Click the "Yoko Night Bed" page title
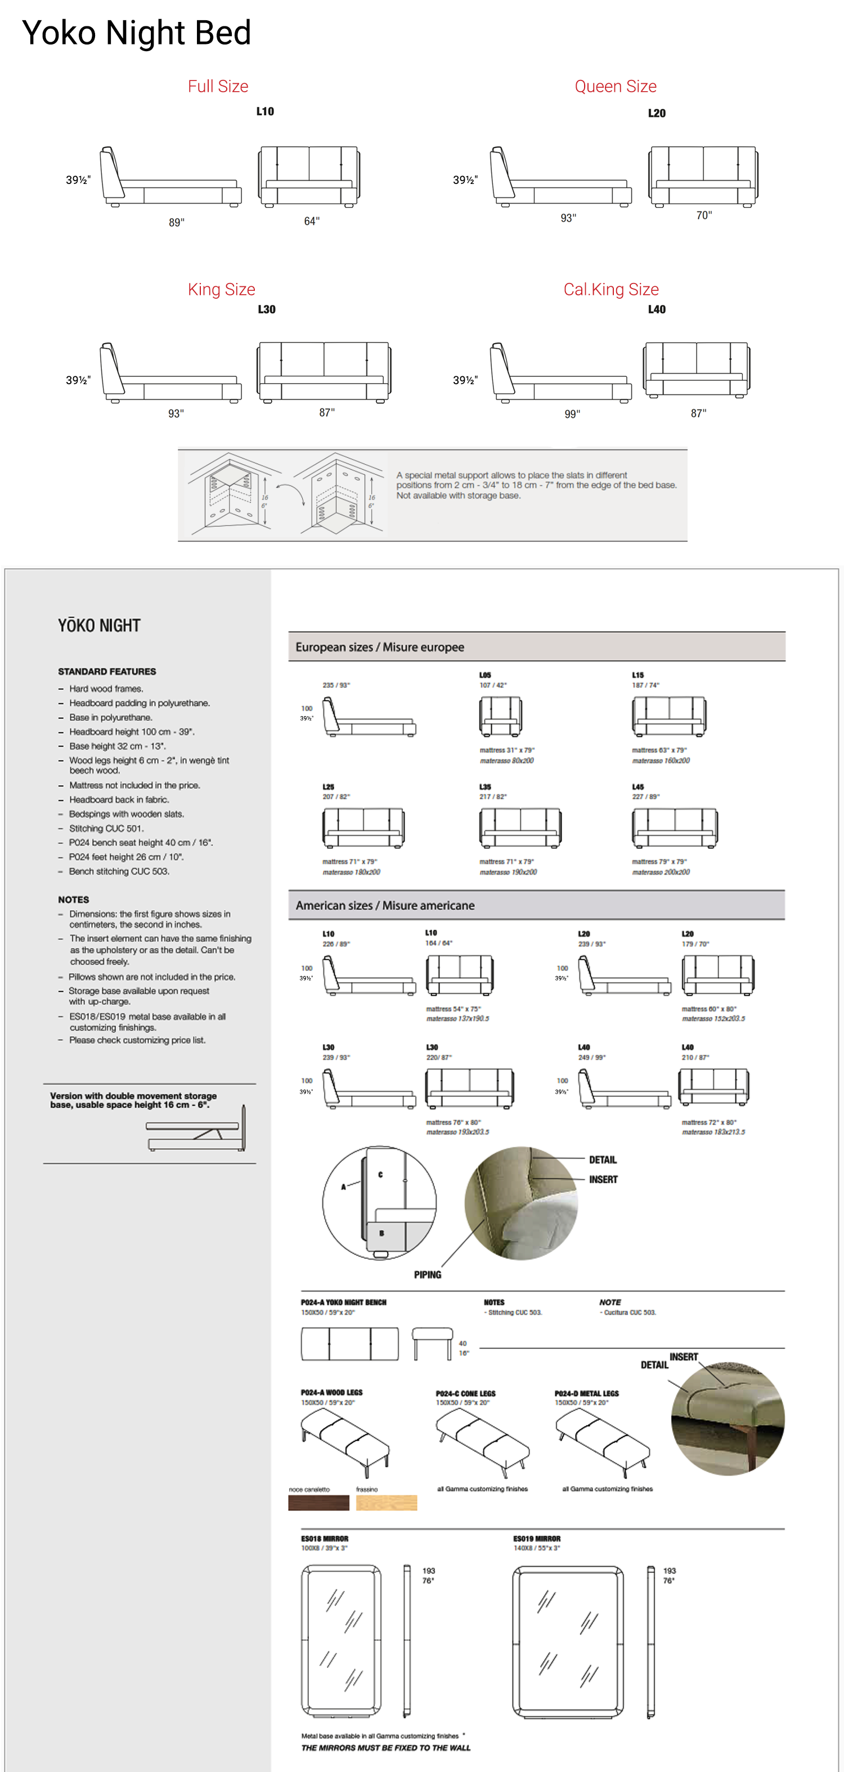pyautogui.click(x=136, y=33)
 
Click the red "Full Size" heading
pyautogui.click(x=218, y=87)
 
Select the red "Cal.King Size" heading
pyautogui.click(x=611, y=290)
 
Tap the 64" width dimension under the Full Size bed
pyautogui.click(x=312, y=221)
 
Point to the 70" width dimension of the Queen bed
pyautogui.click(x=704, y=215)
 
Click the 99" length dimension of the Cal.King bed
pyautogui.click(x=572, y=413)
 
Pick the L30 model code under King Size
pyautogui.click(x=266, y=309)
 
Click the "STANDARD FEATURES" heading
pyautogui.click(x=106, y=671)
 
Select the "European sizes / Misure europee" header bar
pyautogui.click(x=537, y=646)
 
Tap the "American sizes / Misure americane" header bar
pyautogui.click(x=537, y=905)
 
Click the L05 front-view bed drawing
pyautogui.click(x=500, y=716)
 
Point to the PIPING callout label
pyautogui.click(x=427, y=1275)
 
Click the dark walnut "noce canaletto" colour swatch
pyautogui.click(x=318, y=1503)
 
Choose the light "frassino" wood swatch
pyautogui.click(x=387, y=1503)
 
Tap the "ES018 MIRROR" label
pyautogui.click(x=325, y=1538)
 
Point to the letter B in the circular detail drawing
pyautogui.click(x=381, y=1234)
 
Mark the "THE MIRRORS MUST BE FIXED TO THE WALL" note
pyautogui.click(x=386, y=1748)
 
